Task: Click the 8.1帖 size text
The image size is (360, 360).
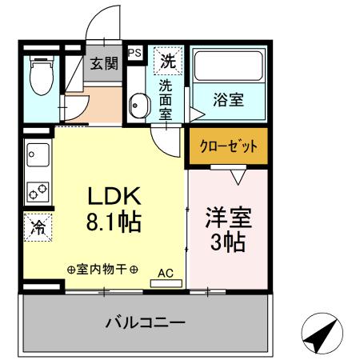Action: click(x=114, y=222)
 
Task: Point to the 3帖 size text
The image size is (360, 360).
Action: click(x=226, y=241)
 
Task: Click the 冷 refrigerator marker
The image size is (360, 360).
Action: click(x=36, y=227)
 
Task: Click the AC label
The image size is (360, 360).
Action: click(x=166, y=272)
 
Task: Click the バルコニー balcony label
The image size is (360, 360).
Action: click(x=146, y=323)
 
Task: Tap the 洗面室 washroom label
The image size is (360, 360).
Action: click(x=165, y=98)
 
